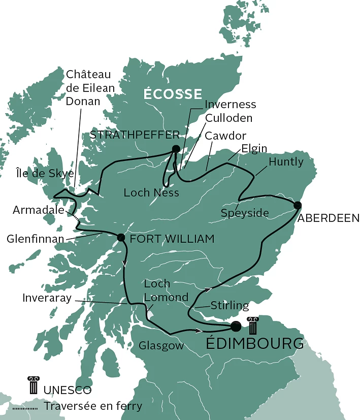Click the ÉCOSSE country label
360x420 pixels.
pyautogui.click(x=172, y=94)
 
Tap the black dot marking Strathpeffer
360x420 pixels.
pyautogui.click(x=176, y=149)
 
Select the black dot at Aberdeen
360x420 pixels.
pyautogui.click(x=297, y=205)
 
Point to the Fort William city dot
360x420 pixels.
pyautogui.click(x=121, y=237)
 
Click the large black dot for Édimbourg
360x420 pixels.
pyautogui.click(x=235, y=326)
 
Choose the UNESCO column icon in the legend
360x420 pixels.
pyautogui.click(x=34, y=385)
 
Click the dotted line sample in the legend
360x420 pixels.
pyautogui.click(x=24, y=406)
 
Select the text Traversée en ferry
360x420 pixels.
pyautogui.click(x=93, y=406)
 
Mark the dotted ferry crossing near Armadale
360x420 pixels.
pyautogui.click(x=76, y=217)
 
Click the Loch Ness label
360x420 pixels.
pyautogui.click(x=151, y=192)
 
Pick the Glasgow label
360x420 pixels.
pyautogui.click(x=160, y=346)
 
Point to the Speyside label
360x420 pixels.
pyautogui.click(x=245, y=213)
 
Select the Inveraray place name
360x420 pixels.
pyautogui.click(x=46, y=298)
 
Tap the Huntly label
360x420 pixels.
pyautogui.click(x=286, y=162)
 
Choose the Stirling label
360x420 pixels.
pyautogui.click(x=230, y=306)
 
